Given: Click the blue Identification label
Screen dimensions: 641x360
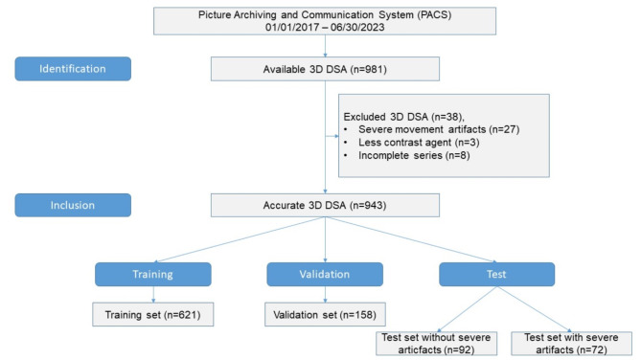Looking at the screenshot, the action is tap(73, 69).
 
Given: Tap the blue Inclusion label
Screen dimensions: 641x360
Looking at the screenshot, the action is tap(73, 205).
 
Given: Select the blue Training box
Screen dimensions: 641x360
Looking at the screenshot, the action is tap(153, 274).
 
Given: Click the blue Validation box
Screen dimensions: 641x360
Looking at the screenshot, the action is tap(325, 274).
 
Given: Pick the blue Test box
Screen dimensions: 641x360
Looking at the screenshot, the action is tap(496, 274).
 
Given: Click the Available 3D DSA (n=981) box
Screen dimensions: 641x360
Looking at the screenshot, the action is tap(325, 69).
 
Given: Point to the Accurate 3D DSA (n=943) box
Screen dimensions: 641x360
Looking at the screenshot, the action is tap(325, 205).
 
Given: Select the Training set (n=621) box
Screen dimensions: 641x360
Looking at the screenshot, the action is tap(153, 315).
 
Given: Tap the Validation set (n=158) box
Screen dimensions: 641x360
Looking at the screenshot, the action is tap(325, 315).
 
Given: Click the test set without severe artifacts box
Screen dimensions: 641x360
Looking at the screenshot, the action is tap(436, 344).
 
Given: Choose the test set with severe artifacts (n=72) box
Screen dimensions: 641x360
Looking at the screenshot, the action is tap(571, 344).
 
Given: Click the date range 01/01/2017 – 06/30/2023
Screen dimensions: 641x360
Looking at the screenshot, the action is tap(325, 28).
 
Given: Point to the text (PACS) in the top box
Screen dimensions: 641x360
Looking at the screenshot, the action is tap(434, 15).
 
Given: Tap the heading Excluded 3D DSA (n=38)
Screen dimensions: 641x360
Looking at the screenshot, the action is tap(404, 117).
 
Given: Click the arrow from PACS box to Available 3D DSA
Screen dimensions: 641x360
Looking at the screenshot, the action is tap(325, 46).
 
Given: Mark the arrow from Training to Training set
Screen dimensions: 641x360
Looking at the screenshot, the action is tap(153, 294).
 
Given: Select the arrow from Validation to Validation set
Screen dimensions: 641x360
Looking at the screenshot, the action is tap(325, 294).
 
